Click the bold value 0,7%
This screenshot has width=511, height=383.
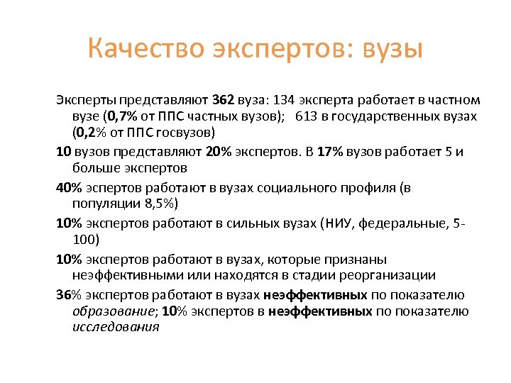123,116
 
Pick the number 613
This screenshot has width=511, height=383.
306,116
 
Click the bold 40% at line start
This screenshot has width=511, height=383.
69,188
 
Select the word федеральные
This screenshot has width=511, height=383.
402,223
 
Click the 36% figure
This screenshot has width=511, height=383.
69,294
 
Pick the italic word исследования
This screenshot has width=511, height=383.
116,327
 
